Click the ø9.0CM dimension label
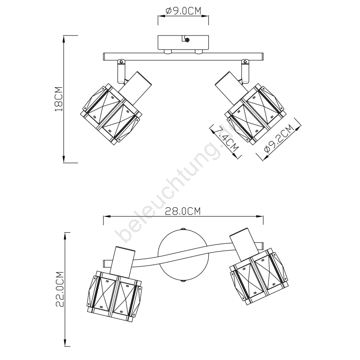(x=183, y=11)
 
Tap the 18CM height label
(x=59, y=99)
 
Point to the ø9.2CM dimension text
(x=279, y=139)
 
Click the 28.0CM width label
(x=183, y=211)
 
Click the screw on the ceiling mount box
(x=187, y=40)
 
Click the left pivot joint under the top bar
(x=121, y=72)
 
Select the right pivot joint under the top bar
(x=245, y=72)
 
